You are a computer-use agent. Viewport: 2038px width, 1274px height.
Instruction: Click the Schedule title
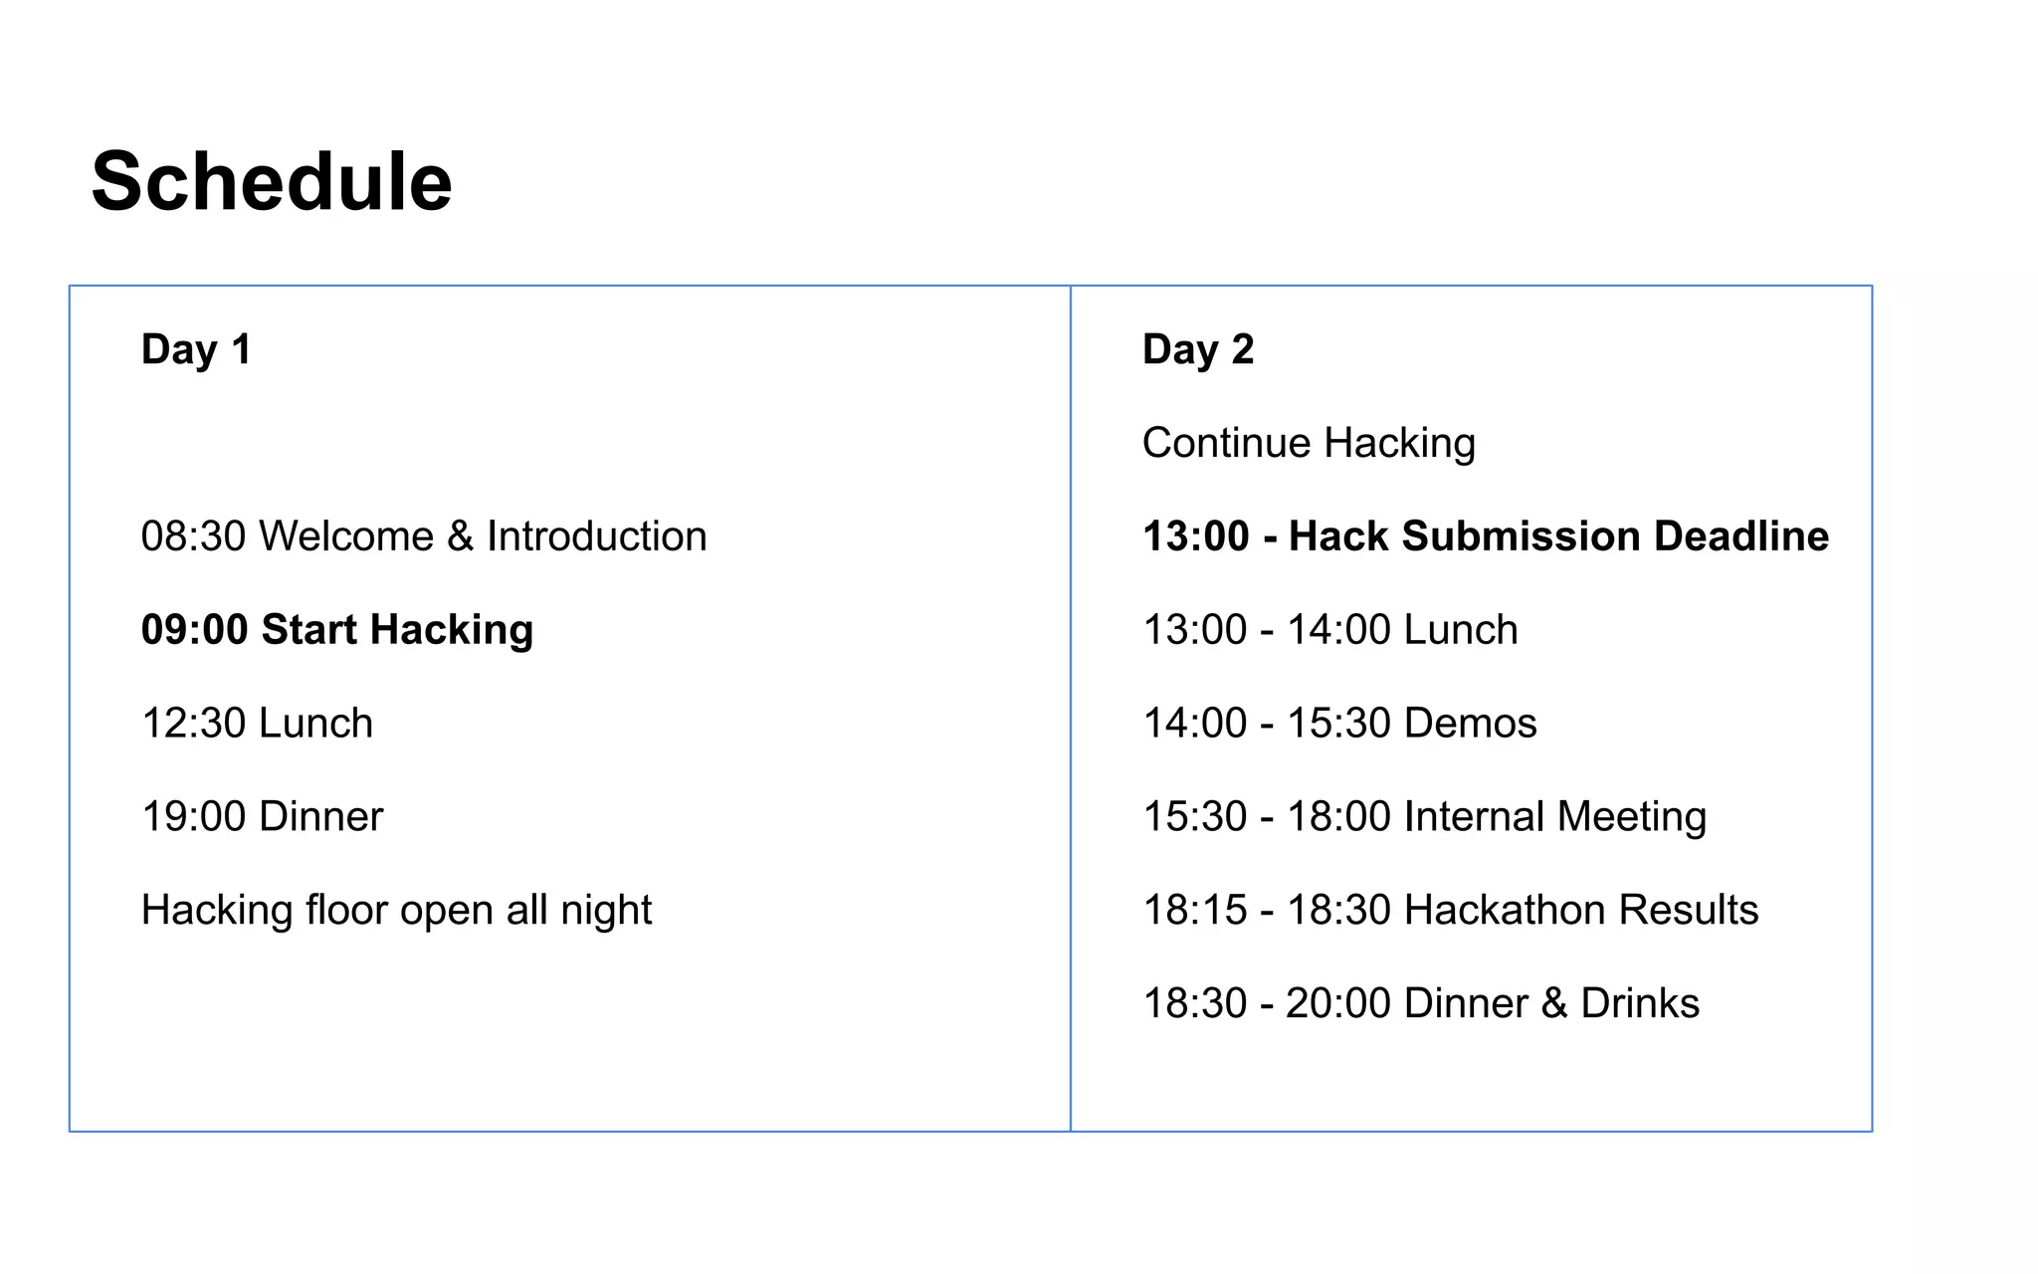coord(272,182)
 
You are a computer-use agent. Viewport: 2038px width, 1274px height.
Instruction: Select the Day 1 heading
coord(196,349)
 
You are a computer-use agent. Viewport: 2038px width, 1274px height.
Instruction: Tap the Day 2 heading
coord(1198,349)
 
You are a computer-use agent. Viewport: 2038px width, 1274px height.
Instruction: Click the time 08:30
coord(193,536)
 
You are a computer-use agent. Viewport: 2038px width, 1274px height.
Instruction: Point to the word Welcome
coord(346,536)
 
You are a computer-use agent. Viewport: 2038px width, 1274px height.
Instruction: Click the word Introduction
coord(596,536)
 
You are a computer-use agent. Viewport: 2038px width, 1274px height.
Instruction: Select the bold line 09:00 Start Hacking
coord(337,630)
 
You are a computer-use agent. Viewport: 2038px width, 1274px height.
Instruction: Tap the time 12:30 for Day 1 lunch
coord(193,724)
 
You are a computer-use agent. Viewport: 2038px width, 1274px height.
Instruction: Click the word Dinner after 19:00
coord(320,817)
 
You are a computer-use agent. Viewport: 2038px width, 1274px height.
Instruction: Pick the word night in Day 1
coord(606,911)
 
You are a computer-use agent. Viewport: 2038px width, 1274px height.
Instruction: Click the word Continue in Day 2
coord(1226,443)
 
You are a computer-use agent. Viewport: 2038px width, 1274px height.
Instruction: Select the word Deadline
coord(1741,536)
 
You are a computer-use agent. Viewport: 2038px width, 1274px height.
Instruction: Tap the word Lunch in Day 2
coord(1460,630)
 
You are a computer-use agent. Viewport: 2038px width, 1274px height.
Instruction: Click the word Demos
coord(1470,724)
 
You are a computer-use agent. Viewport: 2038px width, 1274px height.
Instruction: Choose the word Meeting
coord(1631,817)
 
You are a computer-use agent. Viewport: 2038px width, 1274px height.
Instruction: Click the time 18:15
coord(1194,911)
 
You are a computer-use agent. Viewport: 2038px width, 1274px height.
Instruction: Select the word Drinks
coord(1640,1003)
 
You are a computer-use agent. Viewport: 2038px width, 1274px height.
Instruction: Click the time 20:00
coord(1337,1003)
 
